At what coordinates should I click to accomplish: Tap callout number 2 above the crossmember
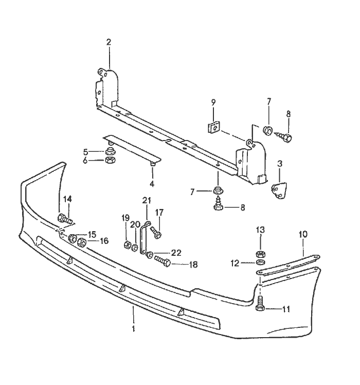pyautogui.click(x=109, y=42)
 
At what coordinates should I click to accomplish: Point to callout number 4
pyautogui.click(x=152, y=184)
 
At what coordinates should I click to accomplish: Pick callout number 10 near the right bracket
pyautogui.click(x=303, y=234)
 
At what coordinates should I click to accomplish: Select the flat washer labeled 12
pyautogui.click(x=261, y=263)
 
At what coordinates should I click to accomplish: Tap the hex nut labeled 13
pyautogui.click(x=261, y=253)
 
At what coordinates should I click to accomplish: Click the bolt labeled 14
pyautogui.click(x=65, y=218)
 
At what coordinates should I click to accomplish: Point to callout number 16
pyautogui.click(x=104, y=240)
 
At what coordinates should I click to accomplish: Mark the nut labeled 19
pyautogui.click(x=127, y=243)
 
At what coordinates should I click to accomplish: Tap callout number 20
pyautogui.click(x=135, y=224)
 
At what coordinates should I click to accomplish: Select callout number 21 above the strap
pyautogui.click(x=146, y=200)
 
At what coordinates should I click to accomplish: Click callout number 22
pyautogui.click(x=176, y=253)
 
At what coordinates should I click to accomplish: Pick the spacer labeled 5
pyautogui.click(x=110, y=151)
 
